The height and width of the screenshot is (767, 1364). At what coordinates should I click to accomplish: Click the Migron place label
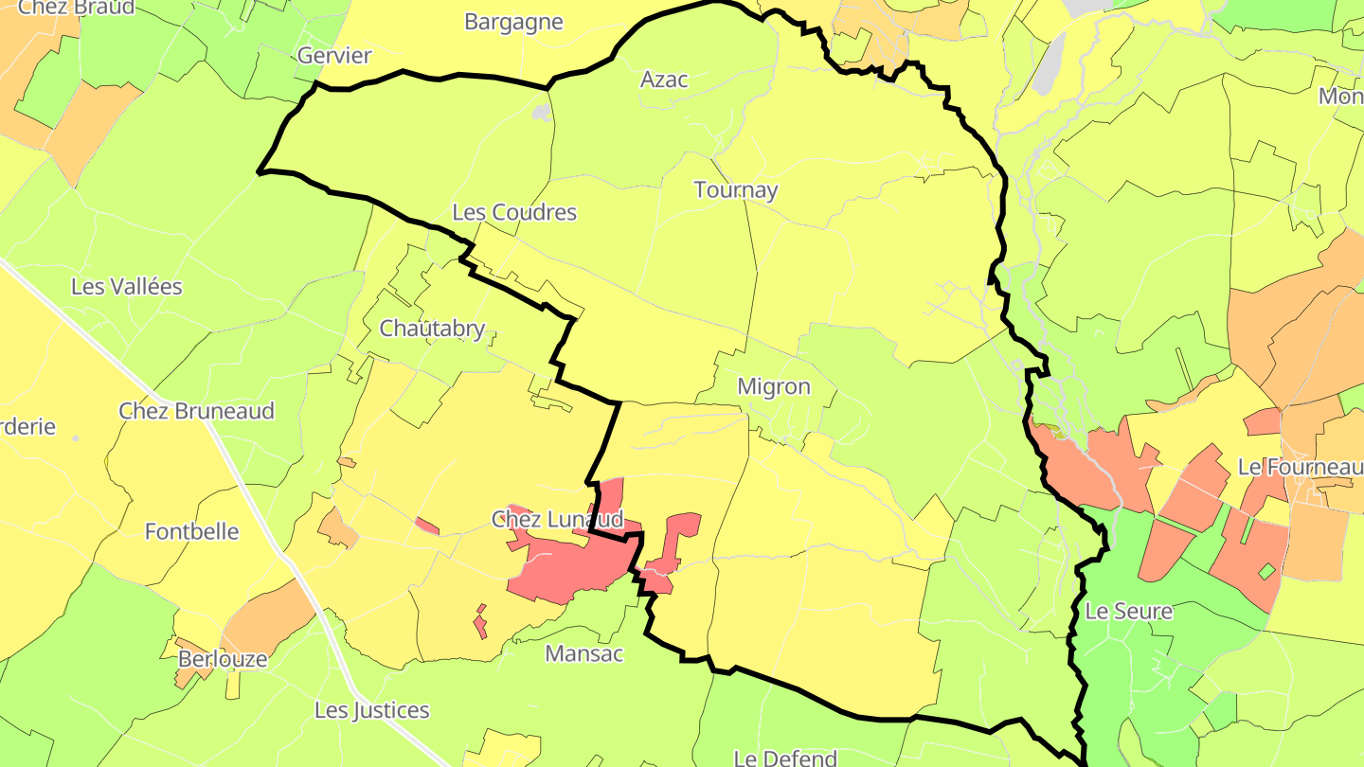(774, 386)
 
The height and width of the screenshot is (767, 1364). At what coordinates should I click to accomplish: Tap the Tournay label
(736, 189)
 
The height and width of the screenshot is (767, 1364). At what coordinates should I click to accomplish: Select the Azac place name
(664, 80)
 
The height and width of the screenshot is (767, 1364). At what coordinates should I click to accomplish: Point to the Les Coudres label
(514, 212)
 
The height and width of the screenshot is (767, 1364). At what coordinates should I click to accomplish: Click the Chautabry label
(432, 329)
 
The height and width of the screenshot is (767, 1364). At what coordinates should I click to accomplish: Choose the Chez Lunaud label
(557, 519)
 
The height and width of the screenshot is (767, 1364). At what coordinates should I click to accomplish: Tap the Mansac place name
(584, 653)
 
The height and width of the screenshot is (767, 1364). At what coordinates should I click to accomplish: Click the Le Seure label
(1128, 612)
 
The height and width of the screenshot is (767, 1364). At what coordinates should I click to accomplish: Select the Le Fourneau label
(1300, 468)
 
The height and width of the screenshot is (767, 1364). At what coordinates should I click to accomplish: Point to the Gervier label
(334, 56)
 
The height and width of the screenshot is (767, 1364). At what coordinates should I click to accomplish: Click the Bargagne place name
(513, 22)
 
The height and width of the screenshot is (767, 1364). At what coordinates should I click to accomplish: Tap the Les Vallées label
(127, 286)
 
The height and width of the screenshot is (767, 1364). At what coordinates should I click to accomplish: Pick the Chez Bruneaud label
(196, 411)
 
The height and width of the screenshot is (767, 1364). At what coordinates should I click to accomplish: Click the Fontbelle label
(191, 531)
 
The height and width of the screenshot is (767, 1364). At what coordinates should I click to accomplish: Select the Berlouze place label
(222, 659)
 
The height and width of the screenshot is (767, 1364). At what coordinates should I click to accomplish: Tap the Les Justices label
(371, 710)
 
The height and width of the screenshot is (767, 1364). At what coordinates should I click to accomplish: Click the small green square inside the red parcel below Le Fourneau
(1266, 572)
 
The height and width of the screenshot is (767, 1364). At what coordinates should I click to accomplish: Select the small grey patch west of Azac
(541, 114)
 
